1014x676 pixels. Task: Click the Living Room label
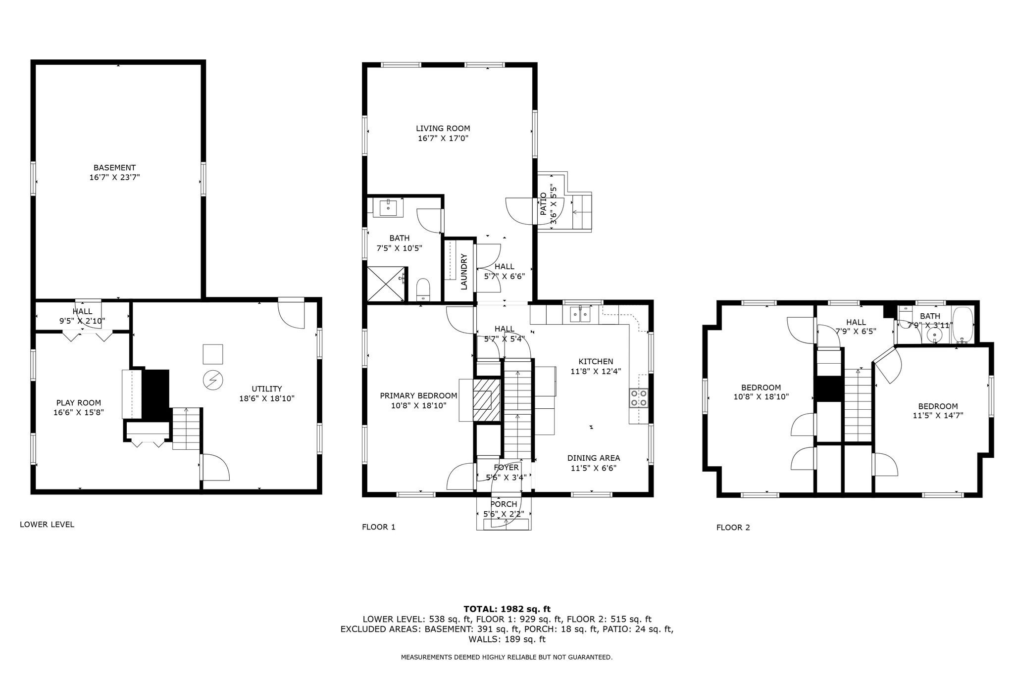(x=443, y=129)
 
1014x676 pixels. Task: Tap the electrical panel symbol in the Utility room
(x=213, y=380)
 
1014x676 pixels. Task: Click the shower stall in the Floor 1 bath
(x=386, y=284)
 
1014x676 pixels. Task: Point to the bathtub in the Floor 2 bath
(x=963, y=325)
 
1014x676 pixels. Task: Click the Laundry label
(x=464, y=272)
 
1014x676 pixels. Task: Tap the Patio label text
(x=543, y=204)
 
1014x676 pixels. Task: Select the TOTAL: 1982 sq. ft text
(x=507, y=609)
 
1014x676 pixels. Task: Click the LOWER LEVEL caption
(x=47, y=525)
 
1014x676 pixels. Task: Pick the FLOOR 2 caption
(x=733, y=528)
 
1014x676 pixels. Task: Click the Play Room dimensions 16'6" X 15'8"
(x=79, y=412)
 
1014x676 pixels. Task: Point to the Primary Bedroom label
(x=418, y=395)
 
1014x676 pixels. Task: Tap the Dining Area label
(x=594, y=458)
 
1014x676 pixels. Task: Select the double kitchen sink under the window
(x=580, y=314)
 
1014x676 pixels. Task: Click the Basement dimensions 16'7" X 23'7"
(x=115, y=177)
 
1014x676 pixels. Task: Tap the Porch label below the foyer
(x=504, y=504)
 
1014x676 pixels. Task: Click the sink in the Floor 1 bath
(x=389, y=207)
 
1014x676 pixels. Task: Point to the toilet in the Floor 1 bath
(x=423, y=290)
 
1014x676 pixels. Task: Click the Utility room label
(x=267, y=389)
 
